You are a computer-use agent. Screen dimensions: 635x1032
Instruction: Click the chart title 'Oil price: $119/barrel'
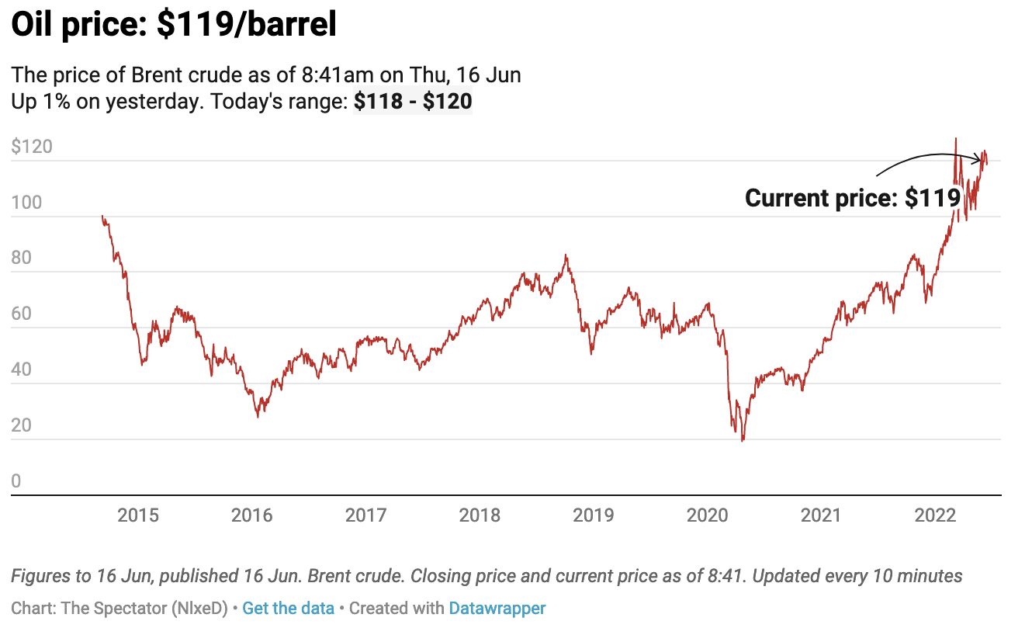[x=174, y=26]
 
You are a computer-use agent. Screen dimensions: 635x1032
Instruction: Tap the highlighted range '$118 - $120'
[x=413, y=102]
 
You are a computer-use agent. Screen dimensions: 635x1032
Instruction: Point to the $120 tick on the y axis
[x=32, y=147]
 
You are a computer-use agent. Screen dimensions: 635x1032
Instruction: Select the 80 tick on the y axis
[x=22, y=259]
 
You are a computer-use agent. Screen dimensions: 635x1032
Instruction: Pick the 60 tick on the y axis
[x=22, y=314]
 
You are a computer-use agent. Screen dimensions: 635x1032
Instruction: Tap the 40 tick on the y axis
[x=22, y=370]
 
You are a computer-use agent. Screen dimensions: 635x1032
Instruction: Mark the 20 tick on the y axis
[x=22, y=426]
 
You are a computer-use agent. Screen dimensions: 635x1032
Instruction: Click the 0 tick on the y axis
[x=16, y=482]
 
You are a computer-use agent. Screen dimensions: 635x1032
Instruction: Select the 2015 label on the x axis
[x=138, y=515]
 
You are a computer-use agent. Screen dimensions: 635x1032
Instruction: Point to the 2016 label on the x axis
[x=252, y=515]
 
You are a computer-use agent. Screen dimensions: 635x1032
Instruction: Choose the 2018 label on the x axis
[x=480, y=515]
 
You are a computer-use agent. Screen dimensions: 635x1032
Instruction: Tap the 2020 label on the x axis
[x=708, y=515]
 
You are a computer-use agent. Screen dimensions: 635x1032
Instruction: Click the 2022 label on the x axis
[x=936, y=515]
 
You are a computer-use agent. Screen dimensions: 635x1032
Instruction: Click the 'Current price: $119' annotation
[x=853, y=198]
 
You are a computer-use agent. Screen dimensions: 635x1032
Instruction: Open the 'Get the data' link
[x=288, y=609]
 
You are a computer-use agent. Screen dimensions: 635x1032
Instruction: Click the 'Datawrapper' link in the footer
[x=497, y=609]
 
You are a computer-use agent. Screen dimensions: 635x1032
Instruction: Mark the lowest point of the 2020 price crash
[x=743, y=441]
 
